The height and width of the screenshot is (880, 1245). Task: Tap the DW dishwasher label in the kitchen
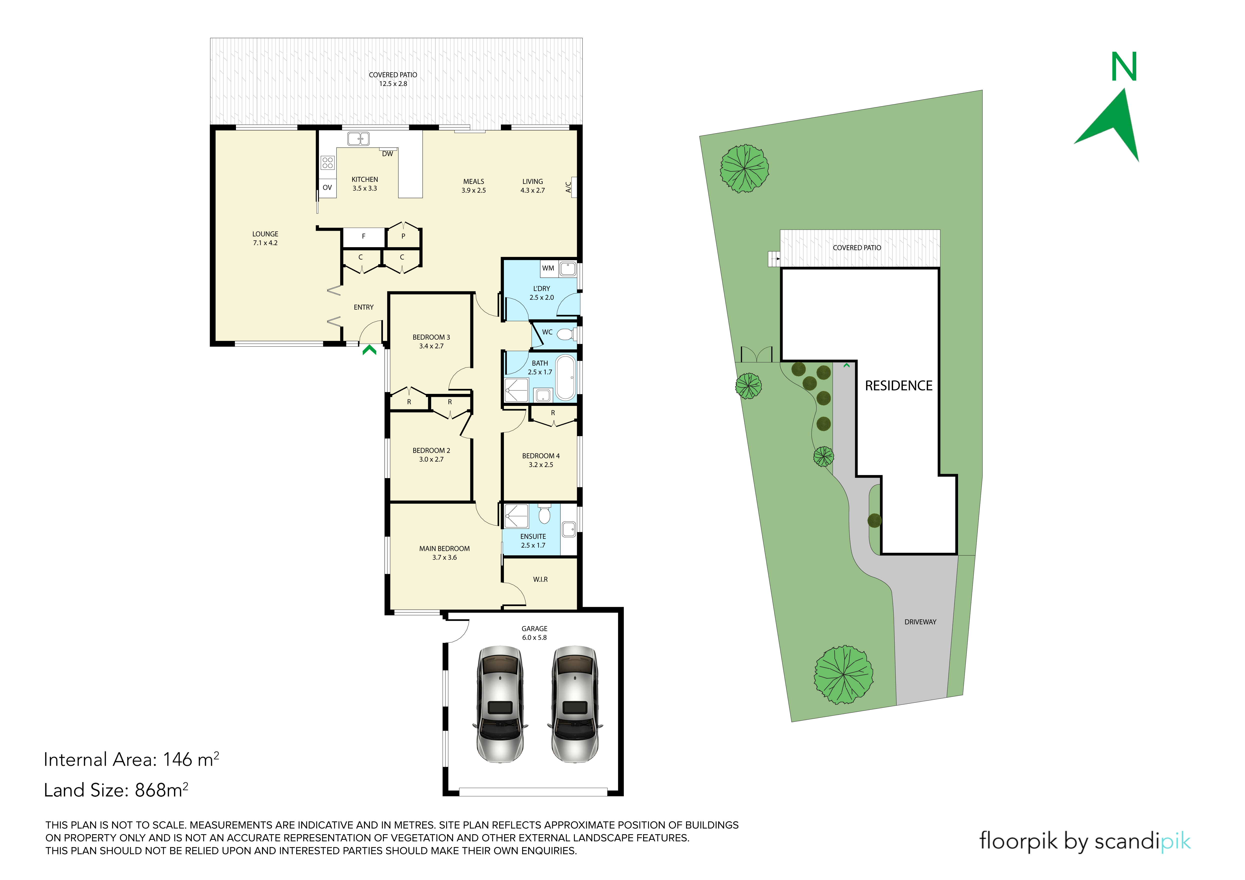pos(387,154)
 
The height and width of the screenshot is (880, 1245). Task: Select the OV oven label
pos(327,188)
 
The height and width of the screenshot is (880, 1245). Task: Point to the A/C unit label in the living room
pos(568,187)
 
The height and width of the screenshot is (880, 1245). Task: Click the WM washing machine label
pos(548,268)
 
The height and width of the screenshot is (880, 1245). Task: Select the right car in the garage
pos(575,704)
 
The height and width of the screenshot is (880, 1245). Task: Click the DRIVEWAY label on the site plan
pos(920,622)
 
